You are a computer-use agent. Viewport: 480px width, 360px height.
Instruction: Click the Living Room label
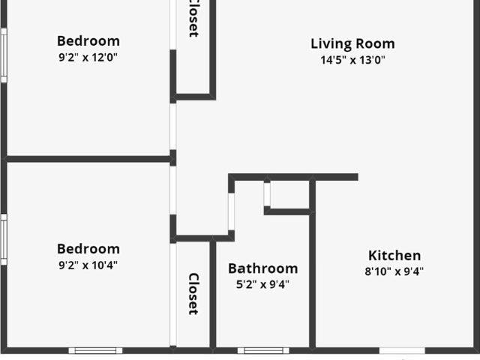pos(352,43)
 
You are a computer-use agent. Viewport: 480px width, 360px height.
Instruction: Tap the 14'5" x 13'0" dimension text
pos(352,61)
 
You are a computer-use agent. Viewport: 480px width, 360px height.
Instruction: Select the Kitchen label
pos(394,256)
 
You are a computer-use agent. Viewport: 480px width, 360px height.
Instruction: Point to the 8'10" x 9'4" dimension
pos(394,272)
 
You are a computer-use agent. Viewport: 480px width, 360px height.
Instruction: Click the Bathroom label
pos(262,268)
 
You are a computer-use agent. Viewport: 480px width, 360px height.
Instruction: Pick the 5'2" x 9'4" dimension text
pos(262,284)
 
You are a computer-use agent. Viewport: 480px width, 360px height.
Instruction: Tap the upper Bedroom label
pos(88,41)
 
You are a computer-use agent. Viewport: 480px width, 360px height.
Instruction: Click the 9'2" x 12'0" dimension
pos(88,58)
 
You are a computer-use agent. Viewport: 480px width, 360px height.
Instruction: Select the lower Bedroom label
pos(88,249)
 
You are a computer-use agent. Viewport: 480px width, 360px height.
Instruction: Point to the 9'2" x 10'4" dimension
pos(88,265)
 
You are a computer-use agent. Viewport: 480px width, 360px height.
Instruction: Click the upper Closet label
pos(193,19)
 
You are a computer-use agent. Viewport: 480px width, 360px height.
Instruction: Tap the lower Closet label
pos(193,293)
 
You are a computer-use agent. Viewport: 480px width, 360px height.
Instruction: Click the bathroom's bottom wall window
pos(263,350)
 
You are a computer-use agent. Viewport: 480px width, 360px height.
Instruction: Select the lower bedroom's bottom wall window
pos(95,350)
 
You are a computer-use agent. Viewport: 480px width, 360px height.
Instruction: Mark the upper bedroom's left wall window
pos(3,55)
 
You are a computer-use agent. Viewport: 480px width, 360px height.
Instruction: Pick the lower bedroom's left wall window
pos(3,238)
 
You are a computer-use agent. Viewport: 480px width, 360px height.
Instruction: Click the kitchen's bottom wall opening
pos(401,350)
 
